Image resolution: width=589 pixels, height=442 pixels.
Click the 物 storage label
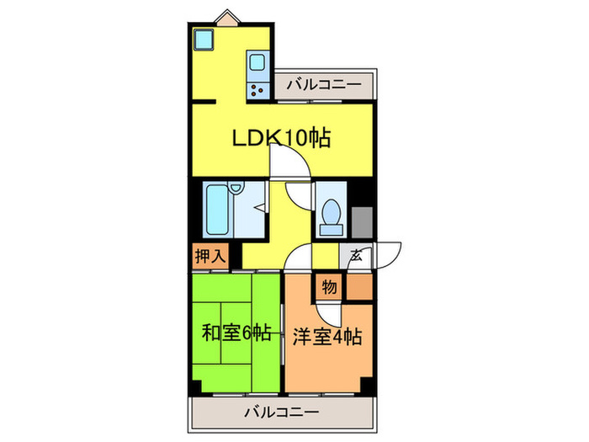click(330, 287)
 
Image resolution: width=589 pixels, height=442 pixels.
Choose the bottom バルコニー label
click(282, 413)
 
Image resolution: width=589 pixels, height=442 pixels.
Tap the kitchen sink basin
click(257, 62)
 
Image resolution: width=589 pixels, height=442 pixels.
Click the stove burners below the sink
click(257, 88)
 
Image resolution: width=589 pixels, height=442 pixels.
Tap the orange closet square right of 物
click(358, 287)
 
